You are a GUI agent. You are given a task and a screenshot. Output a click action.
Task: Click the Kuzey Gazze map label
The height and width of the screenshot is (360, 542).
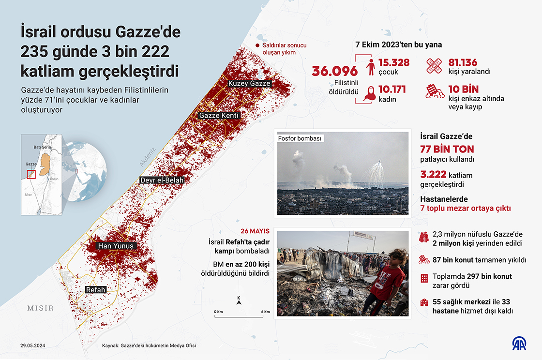[249, 83]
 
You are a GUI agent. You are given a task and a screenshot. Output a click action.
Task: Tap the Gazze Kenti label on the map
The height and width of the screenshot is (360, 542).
[219, 116]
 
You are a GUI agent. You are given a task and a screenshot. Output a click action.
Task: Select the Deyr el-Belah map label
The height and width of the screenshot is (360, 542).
[162, 180]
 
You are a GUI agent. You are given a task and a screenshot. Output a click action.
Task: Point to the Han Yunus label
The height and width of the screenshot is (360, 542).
[116, 246]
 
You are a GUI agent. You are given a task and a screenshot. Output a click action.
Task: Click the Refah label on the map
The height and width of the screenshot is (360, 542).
[95, 290]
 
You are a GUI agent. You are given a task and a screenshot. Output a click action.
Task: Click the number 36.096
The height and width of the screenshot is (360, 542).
[335, 71]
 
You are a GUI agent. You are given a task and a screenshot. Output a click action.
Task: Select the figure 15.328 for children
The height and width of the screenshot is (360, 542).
[394, 62]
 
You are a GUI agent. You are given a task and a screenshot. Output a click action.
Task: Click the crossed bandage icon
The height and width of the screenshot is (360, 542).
[435, 66]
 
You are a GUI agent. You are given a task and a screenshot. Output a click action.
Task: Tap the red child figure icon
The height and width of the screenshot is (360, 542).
[371, 67]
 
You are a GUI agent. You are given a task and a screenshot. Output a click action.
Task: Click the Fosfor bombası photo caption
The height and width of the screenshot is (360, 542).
[300, 138]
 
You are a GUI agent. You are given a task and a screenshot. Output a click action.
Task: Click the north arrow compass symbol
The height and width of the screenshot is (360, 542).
[239, 301]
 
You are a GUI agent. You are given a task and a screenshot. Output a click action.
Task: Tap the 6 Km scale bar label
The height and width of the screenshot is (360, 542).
[266, 311]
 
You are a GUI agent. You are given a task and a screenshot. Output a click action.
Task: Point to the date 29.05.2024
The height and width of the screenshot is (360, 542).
[33, 345]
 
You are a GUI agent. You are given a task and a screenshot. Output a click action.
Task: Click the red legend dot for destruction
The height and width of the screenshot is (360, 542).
[257, 45]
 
